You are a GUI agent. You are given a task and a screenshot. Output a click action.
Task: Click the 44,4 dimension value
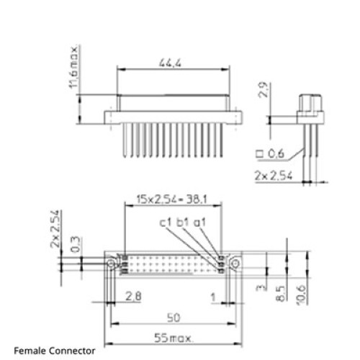(x=171, y=63)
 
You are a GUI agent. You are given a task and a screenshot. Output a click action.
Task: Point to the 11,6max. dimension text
(x=73, y=67)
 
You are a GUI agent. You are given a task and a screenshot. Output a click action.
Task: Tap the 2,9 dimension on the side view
(x=263, y=89)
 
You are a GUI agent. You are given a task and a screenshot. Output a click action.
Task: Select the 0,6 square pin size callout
(x=270, y=154)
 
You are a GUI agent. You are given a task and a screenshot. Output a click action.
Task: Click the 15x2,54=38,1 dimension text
(x=171, y=199)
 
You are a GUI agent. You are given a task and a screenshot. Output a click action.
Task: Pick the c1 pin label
(x=166, y=222)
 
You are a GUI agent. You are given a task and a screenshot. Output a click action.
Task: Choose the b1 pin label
(x=183, y=222)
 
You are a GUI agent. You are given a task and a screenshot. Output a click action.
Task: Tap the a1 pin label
(x=199, y=222)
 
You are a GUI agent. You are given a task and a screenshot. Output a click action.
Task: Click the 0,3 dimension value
(x=75, y=244)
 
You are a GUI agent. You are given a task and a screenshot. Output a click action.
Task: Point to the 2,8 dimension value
(x=133, y=296)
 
